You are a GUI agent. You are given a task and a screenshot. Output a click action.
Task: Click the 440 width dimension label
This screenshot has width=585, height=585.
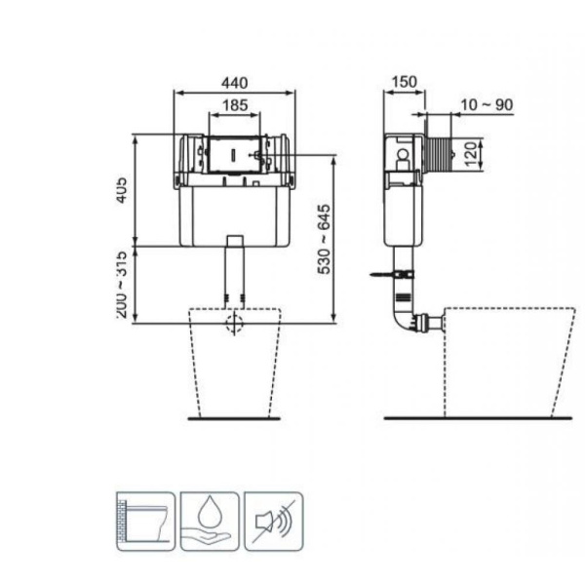click(x=234, y=83)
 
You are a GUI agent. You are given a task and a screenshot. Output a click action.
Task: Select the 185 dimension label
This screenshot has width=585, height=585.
click(x=234, y=105)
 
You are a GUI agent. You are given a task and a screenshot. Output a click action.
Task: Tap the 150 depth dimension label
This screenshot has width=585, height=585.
click(x=405, y=83)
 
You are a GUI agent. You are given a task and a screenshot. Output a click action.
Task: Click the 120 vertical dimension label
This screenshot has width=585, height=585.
click(x=471, y=153)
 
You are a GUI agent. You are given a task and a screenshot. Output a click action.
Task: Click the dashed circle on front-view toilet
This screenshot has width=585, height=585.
click(x=234, y=325)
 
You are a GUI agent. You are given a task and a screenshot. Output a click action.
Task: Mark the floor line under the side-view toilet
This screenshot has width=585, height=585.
click(x=478, y=417)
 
